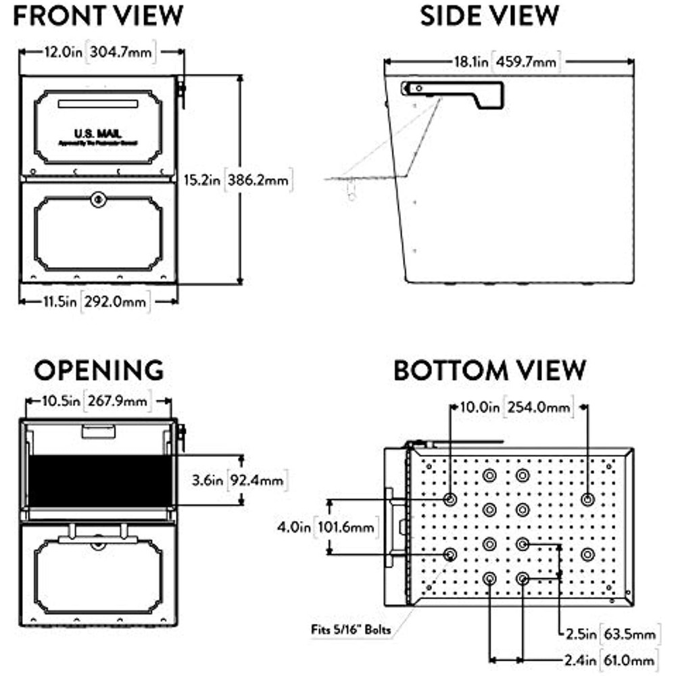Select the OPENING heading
pyautogui.click(x=99, y=370)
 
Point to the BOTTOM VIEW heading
pyautogui.click(x=489, y=370)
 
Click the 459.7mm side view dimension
pyautogui.click(x=527, y=62)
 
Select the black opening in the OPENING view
pyautogui.click(x=98, y=480)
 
